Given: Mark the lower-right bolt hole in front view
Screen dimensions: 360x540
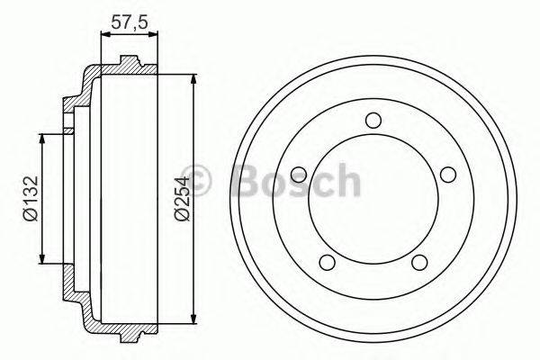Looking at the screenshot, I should click(417, 261).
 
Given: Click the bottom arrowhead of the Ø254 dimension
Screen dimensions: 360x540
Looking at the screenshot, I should click(194, 320).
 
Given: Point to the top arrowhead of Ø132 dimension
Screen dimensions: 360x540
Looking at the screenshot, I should click(41, 132).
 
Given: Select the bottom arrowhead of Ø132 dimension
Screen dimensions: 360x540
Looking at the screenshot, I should click(41, 263).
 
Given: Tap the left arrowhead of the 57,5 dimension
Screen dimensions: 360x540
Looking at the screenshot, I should click(102, 34).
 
